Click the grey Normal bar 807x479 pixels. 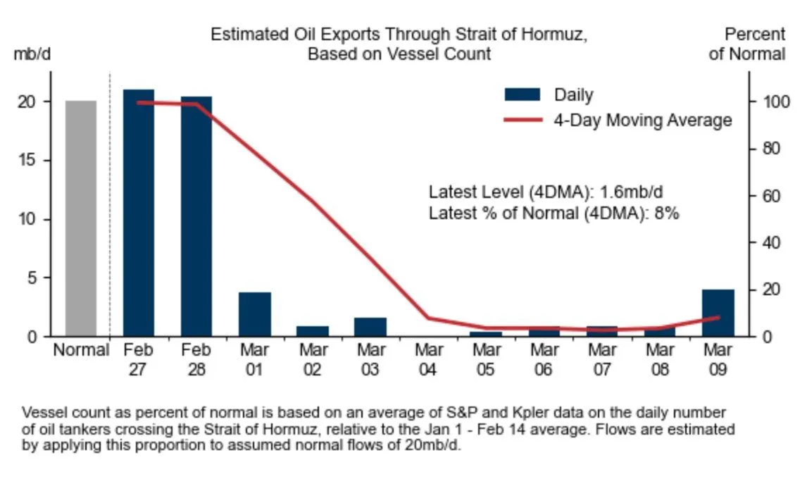point(81,218)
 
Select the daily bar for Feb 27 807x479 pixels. point(139,213)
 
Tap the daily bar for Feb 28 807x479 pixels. point(196,216)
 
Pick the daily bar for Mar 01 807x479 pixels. point(254,314)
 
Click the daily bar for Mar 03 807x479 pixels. point(370,328)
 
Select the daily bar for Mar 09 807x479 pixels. point(718,313)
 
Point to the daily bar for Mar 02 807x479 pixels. point(312,331)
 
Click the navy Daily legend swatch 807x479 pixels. point(522,95)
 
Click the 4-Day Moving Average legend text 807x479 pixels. point(642,120)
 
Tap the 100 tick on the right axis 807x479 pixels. point(770,102)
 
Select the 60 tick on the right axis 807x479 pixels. point(768,196)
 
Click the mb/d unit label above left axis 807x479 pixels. point(32,54)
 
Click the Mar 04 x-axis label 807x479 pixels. point(428,359)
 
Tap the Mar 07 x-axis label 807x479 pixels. point(602,359)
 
